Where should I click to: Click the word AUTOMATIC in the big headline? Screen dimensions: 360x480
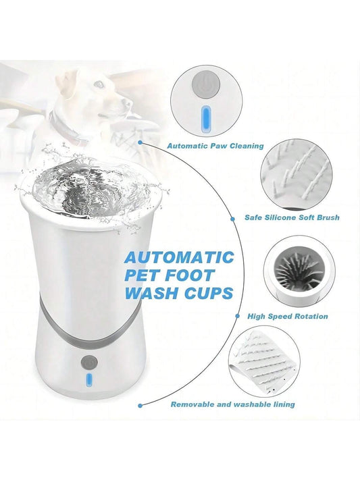[179, 257]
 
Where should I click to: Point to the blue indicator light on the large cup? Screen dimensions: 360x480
[89, 380]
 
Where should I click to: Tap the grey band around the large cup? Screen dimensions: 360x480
[89, 331]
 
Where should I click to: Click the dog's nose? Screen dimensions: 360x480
[129, 103]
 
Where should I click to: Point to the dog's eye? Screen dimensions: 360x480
[99, 84]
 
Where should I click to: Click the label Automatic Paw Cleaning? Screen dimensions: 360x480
[215, 146]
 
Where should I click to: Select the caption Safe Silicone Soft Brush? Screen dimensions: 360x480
[292, 217]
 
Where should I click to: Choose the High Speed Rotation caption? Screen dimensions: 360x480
[288, 316]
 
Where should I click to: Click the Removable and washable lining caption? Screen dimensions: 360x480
[233, 404]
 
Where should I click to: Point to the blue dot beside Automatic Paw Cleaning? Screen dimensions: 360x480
[140, 142]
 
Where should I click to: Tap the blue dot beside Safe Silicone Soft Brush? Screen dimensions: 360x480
[232, 219]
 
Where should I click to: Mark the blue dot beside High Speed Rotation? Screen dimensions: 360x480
[238, 316]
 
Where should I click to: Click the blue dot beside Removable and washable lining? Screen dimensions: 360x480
[140, 406]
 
